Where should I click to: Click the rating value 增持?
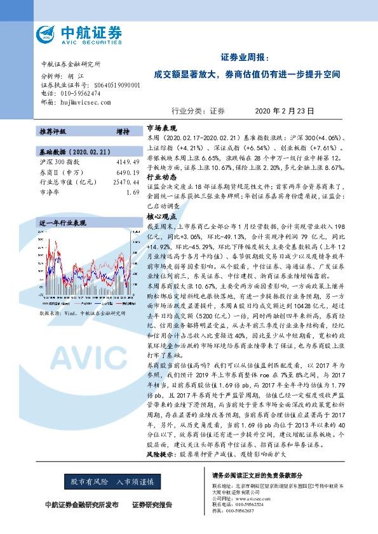click(x=123, y=132)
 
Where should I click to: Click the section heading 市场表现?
click(x=159, y=127)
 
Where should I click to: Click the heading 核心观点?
click(x=159, y=216)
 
